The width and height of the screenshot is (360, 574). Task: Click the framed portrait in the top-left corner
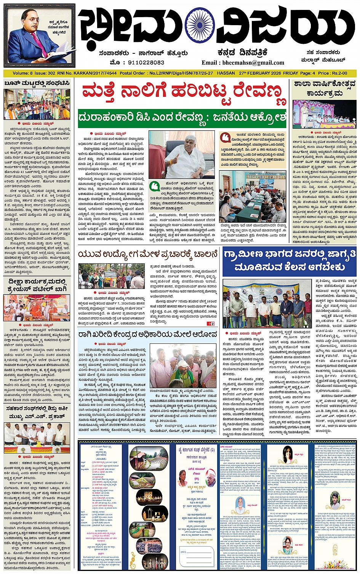pyautogui.click(x=40, y=36)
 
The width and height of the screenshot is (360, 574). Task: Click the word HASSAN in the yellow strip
pyautogui.click(x=226, y=73)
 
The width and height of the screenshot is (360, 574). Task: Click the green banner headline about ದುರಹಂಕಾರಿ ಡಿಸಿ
pyautogui.click(x=182, y=118)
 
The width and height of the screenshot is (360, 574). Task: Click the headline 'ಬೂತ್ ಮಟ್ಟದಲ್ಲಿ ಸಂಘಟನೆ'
pyautogui.click(x=37, y=83)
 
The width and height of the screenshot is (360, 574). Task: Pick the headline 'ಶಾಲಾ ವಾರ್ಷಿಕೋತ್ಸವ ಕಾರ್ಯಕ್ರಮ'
pyautogui.click(x=325, y=88)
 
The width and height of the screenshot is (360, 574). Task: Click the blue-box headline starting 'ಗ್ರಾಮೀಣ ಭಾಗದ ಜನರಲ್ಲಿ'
pyautogui.click(x=290, y=261)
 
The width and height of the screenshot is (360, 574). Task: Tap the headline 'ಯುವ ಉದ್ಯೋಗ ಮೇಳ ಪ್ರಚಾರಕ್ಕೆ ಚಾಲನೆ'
pyautogui.click(x=148, y=253)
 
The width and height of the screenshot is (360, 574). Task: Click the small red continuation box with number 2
pyautogui.click(x=210, y=324)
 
